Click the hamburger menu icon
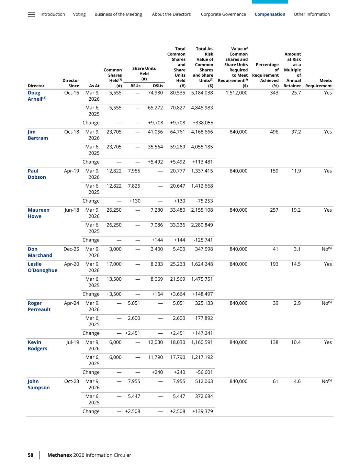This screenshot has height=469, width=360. (31, 14)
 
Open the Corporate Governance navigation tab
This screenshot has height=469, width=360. (223, 14)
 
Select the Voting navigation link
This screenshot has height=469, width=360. (79, 14)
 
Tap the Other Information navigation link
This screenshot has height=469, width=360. (312, 14)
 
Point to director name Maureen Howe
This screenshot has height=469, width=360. (38, 213)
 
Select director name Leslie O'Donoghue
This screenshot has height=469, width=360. (42, 267)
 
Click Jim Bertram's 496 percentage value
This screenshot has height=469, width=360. (274, 132)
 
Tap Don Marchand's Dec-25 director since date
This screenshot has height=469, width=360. (71, 249)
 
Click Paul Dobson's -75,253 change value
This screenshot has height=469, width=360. (204, 201)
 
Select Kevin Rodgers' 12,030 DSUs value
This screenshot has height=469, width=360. (155, 342)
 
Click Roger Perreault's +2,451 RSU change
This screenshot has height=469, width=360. (133, 333)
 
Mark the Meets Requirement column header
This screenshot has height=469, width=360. (318, 83)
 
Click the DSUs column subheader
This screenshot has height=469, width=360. (158, 86)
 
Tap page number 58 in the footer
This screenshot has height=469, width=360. (31, 455)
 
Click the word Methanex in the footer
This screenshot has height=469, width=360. (59, 455)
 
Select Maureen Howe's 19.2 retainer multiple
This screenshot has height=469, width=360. (296, 210)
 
